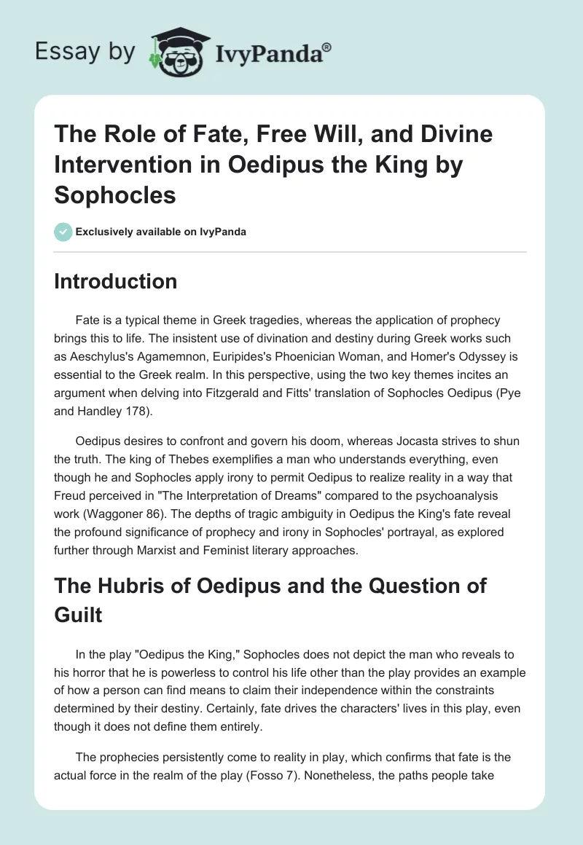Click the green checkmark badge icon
point(63,232)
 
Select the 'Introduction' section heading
point(115,281)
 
